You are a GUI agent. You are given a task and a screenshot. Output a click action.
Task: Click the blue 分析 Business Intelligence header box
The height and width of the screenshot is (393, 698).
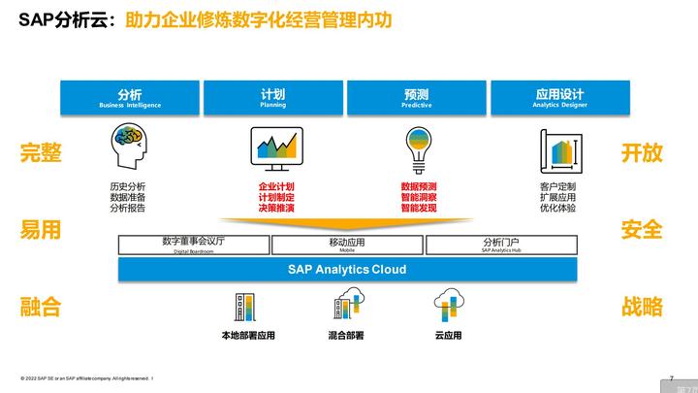[130, 98]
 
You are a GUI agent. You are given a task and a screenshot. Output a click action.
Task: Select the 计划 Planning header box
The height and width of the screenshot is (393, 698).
[273, 98]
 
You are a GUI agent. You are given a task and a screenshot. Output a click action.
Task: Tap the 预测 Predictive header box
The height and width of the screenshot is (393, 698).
[417, 98]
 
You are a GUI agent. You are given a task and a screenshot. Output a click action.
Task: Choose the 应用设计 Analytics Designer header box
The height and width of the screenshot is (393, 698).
[559, 98]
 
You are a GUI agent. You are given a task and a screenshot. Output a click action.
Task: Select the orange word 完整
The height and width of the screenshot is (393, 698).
[41, 153]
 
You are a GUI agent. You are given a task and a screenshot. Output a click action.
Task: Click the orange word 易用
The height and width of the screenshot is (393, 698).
[41, 230]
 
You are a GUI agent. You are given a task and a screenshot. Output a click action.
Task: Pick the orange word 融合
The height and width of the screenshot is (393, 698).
[41, 308]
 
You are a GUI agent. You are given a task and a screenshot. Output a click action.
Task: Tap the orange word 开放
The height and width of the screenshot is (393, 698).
[642, 153]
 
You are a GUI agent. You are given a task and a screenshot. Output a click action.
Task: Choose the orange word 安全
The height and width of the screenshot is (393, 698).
[642, 230]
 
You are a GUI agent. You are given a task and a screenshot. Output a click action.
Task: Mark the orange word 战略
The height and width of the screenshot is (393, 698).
[642, 308]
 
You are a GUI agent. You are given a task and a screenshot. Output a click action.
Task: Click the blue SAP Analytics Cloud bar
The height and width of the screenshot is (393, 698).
[347, 269]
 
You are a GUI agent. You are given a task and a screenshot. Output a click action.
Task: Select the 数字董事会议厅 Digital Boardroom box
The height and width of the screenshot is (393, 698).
[194, 245]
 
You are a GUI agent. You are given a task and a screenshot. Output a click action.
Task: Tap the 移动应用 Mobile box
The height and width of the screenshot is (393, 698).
[347, 245]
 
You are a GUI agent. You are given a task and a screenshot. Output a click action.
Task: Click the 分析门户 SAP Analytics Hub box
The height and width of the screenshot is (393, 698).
[500, 245]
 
